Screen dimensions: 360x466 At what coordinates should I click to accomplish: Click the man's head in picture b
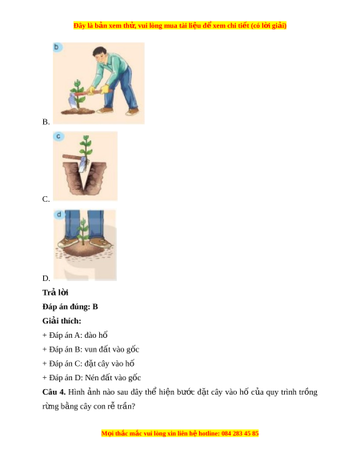(x=99, y=54)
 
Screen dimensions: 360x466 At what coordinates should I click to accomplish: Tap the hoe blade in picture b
(x=72, y=102)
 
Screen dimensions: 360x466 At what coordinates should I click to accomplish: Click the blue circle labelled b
(x=58, y=47)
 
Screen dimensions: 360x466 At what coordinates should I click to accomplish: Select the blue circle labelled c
(x=58, y=136)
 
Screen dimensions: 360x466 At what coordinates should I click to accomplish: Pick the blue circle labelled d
(x=59, y=215)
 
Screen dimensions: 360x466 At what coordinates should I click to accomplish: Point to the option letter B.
(x=46, y=122)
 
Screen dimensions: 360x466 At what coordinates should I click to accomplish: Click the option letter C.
(x=46, y=199)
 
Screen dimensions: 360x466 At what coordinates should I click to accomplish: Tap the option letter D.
(x=46, y=279)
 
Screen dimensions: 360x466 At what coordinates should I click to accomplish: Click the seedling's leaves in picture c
(x=86, y=147)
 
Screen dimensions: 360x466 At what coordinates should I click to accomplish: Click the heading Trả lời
(x=55, y=293)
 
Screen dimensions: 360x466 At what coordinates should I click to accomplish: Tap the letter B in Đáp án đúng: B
(x=95, y=307)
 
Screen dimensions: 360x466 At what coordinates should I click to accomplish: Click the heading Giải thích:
(x=62, y=321)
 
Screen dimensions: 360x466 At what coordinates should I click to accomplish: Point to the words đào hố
(x=96, y=335)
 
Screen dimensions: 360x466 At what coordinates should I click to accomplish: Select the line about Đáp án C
(x=89, y=364)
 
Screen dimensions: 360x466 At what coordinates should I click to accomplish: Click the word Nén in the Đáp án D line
(x=91, y=378)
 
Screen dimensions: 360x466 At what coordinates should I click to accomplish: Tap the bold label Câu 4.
(x=54, y=392)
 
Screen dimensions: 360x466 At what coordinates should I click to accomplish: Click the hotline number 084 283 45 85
(x=240, y=433)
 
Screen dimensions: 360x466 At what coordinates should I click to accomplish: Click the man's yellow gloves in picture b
(x=98, y=90)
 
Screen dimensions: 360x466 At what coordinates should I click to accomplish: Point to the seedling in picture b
(x=78, y=94)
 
